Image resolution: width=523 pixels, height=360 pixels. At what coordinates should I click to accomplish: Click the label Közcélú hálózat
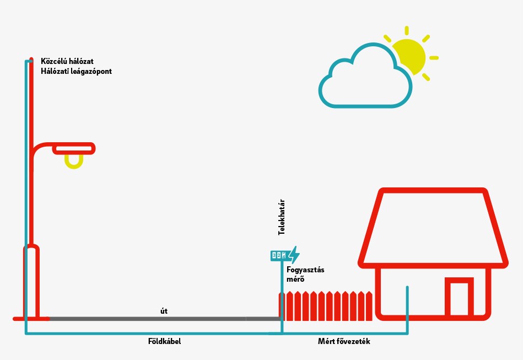tap(67, 61)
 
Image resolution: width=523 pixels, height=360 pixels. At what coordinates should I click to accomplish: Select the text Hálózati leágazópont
tap(76, 71)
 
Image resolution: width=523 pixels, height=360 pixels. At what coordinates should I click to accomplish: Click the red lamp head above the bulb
tap(74, 148)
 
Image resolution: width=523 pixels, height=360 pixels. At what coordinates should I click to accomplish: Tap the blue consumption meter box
tap(279, 255)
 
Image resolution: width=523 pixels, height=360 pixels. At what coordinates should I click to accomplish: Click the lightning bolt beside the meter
tap(294, 255)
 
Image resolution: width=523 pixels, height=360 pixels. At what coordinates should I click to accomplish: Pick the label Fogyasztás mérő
tap(305, 274)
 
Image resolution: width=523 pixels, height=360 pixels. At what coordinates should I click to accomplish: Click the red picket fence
tap(326, 307)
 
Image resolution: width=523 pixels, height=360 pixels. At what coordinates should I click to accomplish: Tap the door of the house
tap(459, 298)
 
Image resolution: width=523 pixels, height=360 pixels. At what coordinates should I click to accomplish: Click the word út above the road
tap(164, 311)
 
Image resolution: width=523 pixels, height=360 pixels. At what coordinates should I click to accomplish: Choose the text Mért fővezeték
tap(344, 342)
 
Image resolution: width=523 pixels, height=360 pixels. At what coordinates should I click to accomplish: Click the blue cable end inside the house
tap(407, 288)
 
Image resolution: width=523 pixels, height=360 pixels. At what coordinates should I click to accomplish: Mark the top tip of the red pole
tap(31, 58)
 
